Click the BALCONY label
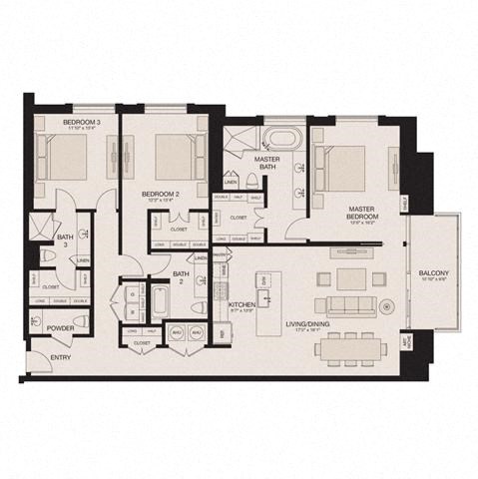tap(434, 274)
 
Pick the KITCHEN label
tap(243, 303)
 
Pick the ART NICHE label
tap(404, 344)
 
